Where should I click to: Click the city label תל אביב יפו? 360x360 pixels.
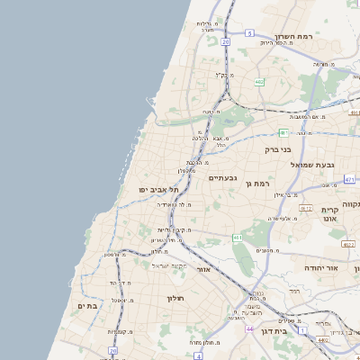159,189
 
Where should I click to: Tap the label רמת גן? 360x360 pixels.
256,184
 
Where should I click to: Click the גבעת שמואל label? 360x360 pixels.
313,165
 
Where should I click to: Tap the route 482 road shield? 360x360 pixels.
259,82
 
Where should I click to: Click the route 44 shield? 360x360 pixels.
248,329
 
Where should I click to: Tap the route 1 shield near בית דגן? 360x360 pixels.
302,332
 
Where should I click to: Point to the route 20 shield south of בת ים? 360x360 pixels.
113,351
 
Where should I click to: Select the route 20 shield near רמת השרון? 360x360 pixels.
225,41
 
